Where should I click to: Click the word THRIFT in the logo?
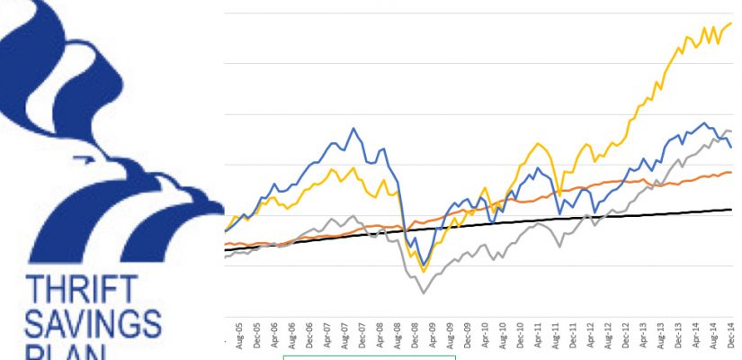coord(82,291)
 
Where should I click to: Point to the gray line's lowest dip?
coord(423,292)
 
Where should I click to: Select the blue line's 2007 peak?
coord(354,128)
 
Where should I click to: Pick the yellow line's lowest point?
coord(423,271)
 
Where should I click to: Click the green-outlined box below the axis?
coord(370,357)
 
